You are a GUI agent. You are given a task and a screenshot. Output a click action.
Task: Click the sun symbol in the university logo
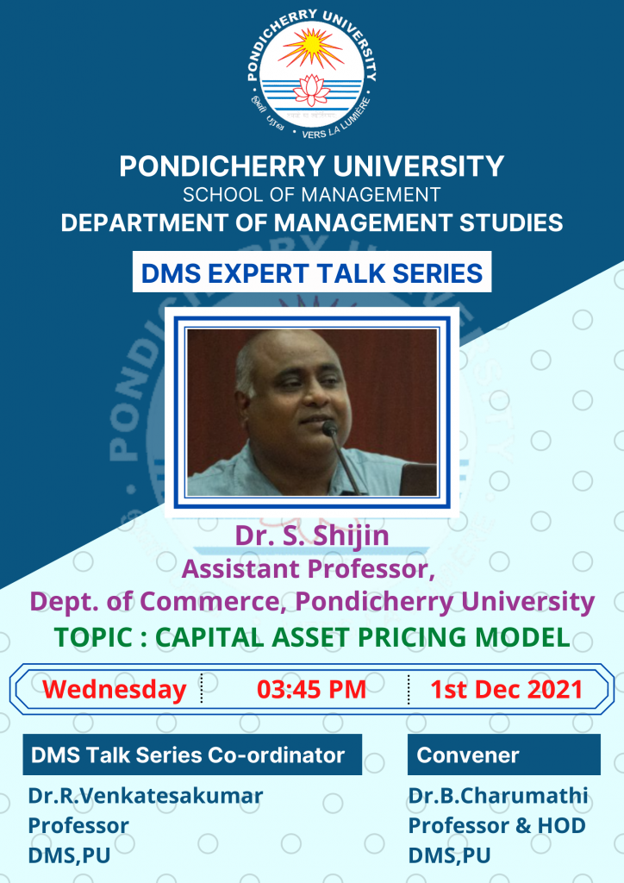[x=310, y=48]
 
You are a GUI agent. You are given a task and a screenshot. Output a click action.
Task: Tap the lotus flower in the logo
[x=311, y=90]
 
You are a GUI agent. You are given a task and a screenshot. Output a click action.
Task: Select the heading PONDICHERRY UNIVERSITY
[x=311, y=166]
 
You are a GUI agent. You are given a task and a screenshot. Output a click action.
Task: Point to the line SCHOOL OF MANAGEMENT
[x=311, y=195]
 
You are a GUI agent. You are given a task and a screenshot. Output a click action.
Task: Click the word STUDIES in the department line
[x=511, y=223]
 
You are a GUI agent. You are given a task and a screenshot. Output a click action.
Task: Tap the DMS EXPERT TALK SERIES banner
[x=312, y=272]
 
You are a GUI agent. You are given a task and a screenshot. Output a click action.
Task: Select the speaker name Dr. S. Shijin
[x=312, y=535]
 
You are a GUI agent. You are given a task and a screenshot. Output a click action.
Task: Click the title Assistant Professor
[x=309, y=569]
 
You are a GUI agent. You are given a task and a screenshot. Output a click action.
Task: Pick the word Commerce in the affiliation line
[x=210, y=601]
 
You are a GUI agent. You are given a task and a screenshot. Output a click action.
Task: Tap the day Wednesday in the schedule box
[x=115, y=690]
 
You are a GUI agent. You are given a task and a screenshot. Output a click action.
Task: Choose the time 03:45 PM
[x=311, y=690]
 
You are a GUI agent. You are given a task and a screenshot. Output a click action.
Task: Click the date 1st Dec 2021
[x=507, y=690]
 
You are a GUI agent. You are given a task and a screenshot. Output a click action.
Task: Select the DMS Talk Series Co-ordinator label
[x=192, y=755]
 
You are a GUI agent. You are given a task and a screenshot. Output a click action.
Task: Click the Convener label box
[x=503, y=755]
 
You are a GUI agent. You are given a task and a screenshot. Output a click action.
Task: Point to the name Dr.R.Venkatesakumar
[x=145, y=796]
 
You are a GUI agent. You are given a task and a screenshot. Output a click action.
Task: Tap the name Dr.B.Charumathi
[x=498, y=796]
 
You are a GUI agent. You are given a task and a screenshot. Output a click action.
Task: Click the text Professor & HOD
[x=496, y=825]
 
